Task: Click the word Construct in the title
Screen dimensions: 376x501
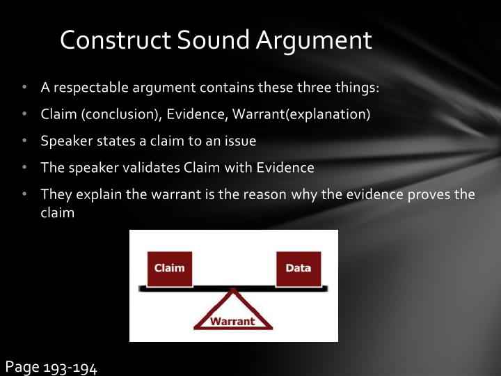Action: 116,40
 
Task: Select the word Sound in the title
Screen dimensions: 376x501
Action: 214,40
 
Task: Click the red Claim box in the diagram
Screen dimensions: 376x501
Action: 169,268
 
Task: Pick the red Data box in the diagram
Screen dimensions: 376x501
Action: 299,268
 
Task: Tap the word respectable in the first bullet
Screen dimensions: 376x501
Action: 88,88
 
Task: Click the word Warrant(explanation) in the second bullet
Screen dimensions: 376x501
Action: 301,114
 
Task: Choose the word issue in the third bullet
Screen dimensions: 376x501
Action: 240,141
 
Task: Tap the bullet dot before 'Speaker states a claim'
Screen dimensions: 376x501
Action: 24,141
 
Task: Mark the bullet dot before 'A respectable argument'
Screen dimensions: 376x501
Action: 24,88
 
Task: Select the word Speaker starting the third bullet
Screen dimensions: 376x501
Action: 64,141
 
